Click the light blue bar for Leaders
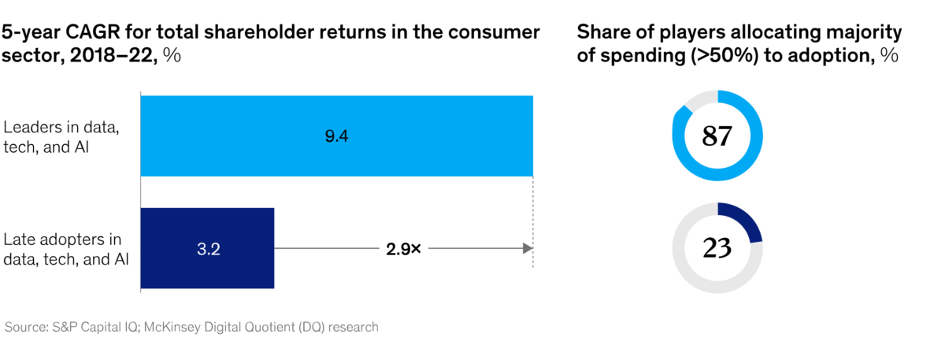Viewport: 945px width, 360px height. pyautogui.click(x=337, y=136)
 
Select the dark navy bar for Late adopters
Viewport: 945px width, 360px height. pyautogui.click(x=207, y=248)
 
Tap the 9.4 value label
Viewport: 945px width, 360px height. pyautogui.click(x=337, y=136)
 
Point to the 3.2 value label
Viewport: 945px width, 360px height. pyautogui.click(x=209, y=249)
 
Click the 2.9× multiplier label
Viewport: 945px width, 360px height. pyautogui.click(x=404, y=249)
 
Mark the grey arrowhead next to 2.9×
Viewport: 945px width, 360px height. pyautogui.click(x=528, y=248)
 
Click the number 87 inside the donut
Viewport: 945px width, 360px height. pyautogui.click(x=717, y=136)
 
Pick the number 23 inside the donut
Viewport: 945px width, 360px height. pyautogui.click(x=717, y=247)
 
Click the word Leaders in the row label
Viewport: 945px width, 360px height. pyautogui.click(x=32, y=127)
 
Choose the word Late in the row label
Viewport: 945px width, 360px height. pyautogui.click(x=20, y=239)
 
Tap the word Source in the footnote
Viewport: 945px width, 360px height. pyautogui.click(x=26, y=327)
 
